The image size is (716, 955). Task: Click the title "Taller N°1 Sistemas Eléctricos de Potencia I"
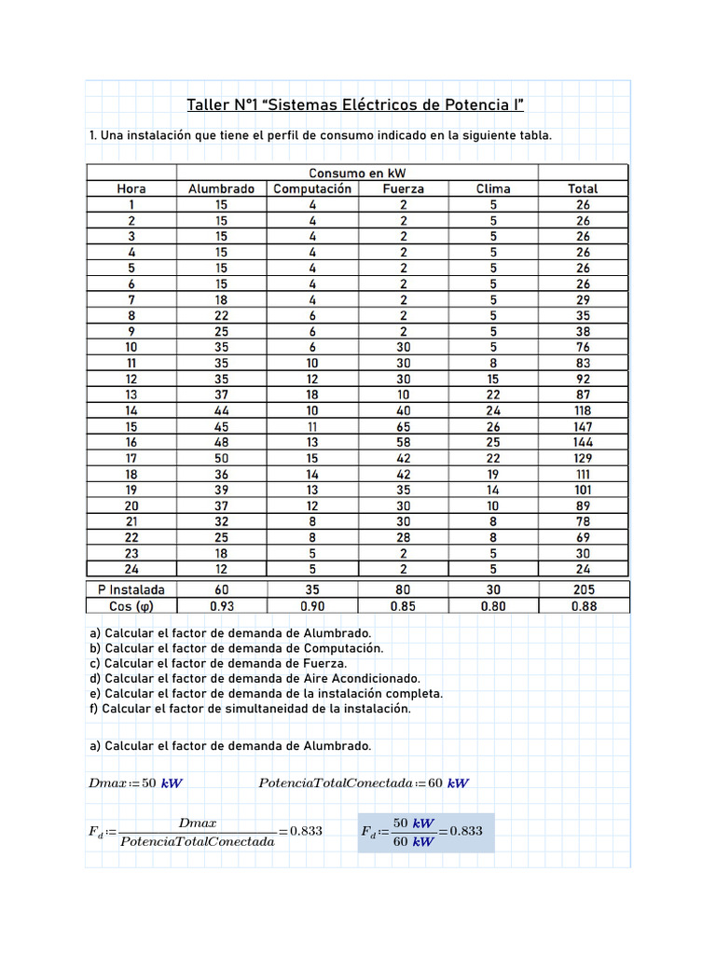(356, 104)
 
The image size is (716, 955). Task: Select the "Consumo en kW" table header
(357, 173)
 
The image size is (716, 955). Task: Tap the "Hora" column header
(131, 188)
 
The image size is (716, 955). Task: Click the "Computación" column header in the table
(312, 188)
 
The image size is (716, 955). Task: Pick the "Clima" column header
(493, 188)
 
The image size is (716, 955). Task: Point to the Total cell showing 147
(583, 426)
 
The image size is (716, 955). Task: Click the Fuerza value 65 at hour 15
(403, 426)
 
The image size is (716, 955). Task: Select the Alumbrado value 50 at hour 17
(221, 458)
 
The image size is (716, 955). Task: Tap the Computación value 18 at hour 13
(312, 394)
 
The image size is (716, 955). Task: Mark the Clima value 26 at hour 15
(493, 426)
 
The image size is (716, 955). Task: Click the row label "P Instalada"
(131, 589)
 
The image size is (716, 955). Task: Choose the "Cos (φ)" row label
(131, 605)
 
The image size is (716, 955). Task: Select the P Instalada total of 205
(583, 589)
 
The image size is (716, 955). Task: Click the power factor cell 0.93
(221, 605)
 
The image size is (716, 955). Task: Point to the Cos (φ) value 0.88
(583, 605)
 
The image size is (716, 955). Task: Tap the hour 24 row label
(131, 569)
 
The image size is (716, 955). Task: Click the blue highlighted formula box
(425, 832)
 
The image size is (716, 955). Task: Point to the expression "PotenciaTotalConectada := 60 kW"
(363, 783)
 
